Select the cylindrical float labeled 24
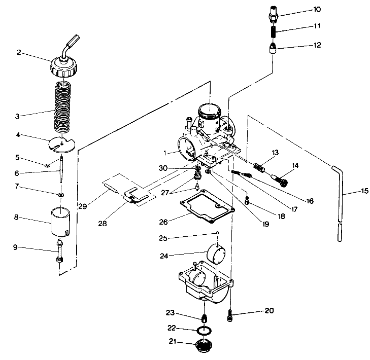(217, 252)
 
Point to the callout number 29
(83, 206)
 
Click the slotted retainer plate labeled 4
(62, 143)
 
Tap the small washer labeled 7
(61, 194)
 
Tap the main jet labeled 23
(205, 318)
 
